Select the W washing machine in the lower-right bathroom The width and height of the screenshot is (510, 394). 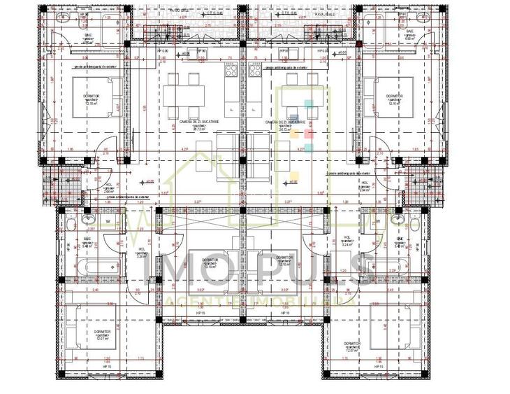pos(377,222)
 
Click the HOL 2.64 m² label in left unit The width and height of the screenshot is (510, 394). pos(108,188)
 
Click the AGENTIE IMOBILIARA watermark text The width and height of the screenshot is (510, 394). pos(256,299)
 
